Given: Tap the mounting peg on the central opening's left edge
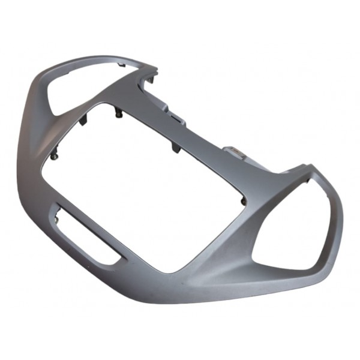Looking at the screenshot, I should pyautogui.click(x=55, y=156).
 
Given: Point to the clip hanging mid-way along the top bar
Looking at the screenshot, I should pyautogui.click(x=175, y=148).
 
